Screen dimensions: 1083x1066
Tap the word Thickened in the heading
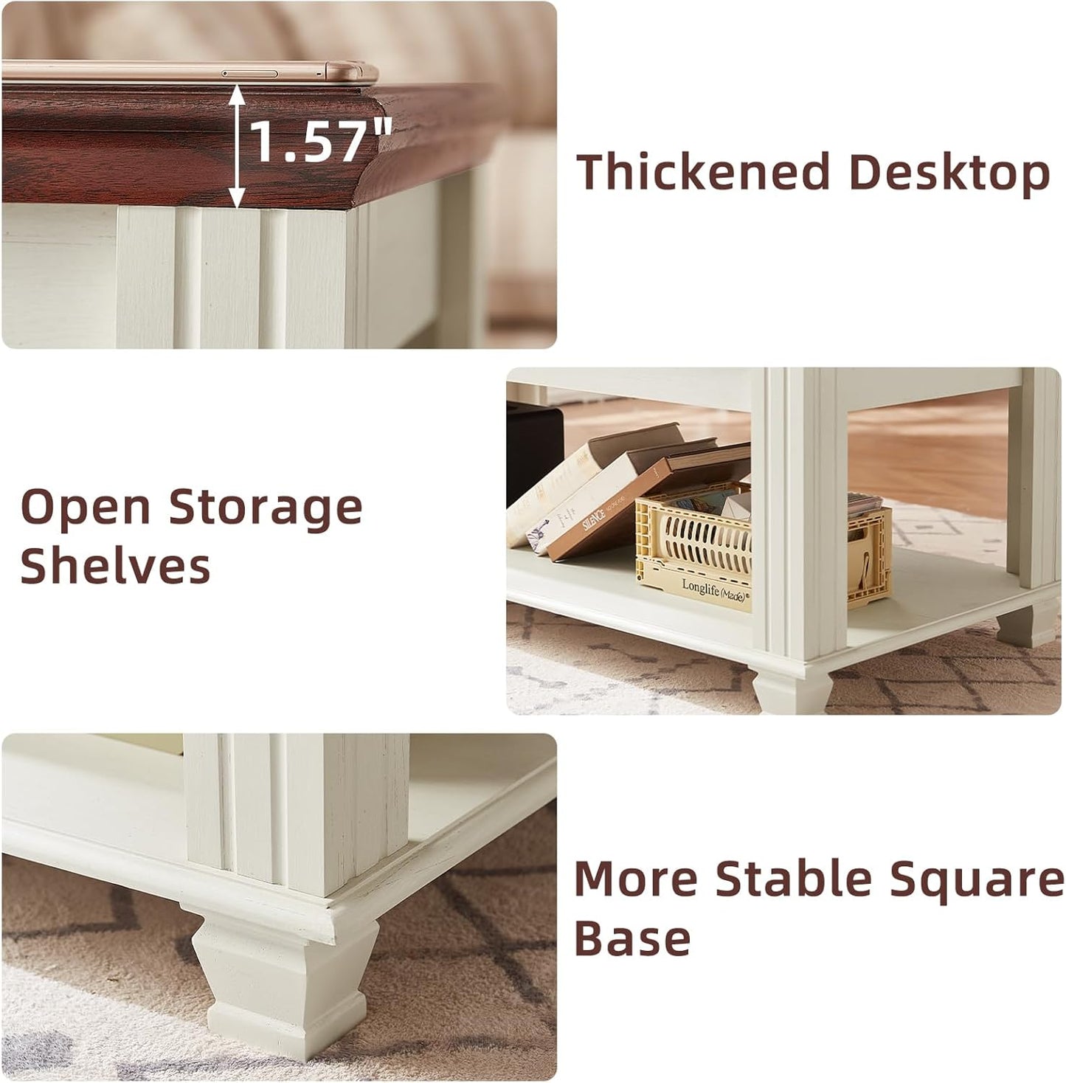click(703, 173)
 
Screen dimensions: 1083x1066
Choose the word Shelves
click(115, 567)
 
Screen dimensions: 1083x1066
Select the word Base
click(632, 938)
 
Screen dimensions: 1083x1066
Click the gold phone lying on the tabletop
click(192, 72)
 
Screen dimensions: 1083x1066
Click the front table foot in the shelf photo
click(792, 690)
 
